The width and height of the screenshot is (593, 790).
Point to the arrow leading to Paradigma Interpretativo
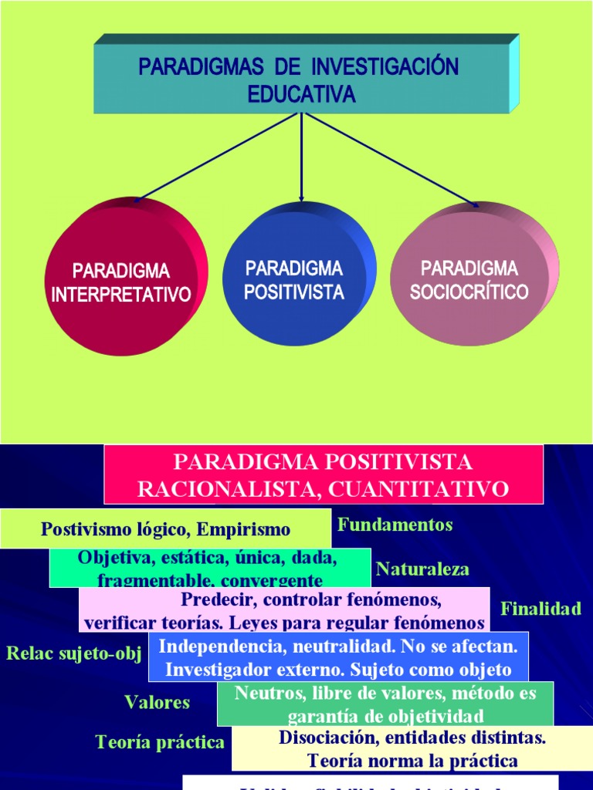(216, 157)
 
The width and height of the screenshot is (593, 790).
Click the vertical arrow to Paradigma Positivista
(301, 158)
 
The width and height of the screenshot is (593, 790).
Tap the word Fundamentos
(395, 525)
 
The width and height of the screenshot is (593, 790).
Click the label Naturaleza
(422, 569)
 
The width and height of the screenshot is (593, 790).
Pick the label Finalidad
(540, 609)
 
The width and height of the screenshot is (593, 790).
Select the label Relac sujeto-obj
(74, 654)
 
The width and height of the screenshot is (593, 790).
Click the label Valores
(157, 702)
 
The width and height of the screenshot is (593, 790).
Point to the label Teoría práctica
(160, 742)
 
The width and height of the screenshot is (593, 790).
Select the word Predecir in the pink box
(213, 599)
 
